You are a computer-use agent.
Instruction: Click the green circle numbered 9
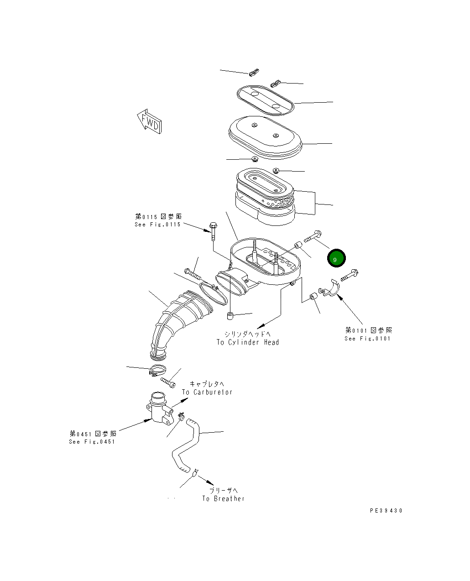pyautogui.click(x=337, y=259)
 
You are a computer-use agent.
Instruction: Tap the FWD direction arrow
pyautogui.click(x=149, y=121)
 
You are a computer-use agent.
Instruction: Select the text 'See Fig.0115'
pyautogui.click(x=157, y=225)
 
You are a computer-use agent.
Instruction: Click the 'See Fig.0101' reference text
pyautogui.click(x=367, y=339)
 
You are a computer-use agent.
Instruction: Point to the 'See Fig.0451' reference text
pyautogui.click(x=92, y=442)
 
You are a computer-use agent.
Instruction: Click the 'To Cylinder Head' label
pyautogui.click(x=247, y=342)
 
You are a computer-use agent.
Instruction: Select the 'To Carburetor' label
pyautogui.click(x=207, y=392)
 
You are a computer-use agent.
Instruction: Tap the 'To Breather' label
pyautogui.click(x=224, y=499)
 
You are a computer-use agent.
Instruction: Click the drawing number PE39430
pyautogui.click(x=386, y=511)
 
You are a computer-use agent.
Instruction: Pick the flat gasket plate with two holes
pyautogui.click(x=265, y=100)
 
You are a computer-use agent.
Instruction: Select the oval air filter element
pyautogui.click(x=265, y=196)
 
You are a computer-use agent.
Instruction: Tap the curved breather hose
pyautogui.click(x=187, y=447)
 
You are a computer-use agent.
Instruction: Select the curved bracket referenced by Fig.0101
pyautogui.click(x=331, y=290)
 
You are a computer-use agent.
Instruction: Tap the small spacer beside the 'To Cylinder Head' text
pyautogui.click(x=230, y=315)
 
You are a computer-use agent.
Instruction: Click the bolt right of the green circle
pyautogui.click(x=349, y=274)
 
